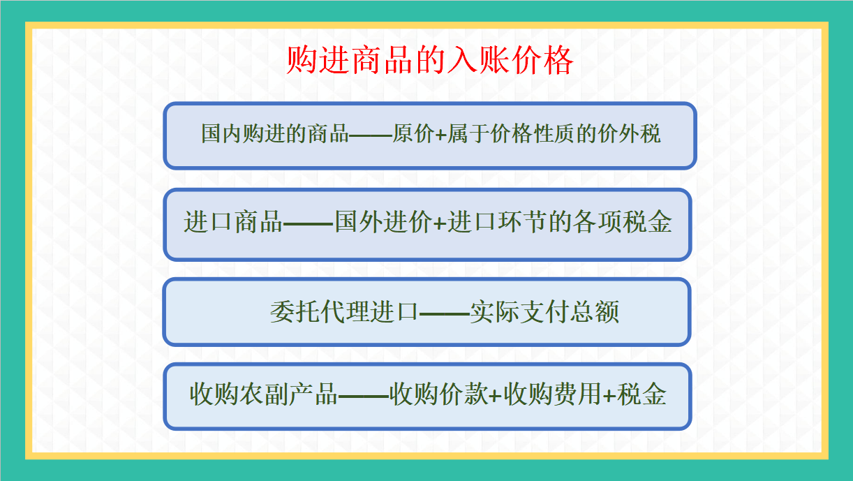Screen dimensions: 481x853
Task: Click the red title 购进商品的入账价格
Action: pos(429,61)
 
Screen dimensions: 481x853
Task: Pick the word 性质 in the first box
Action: pos(542,135)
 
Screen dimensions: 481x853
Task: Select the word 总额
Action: pos(595,312)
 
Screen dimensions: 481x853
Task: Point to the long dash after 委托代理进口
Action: pos(443,313)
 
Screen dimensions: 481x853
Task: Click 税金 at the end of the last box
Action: pos(642,395)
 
